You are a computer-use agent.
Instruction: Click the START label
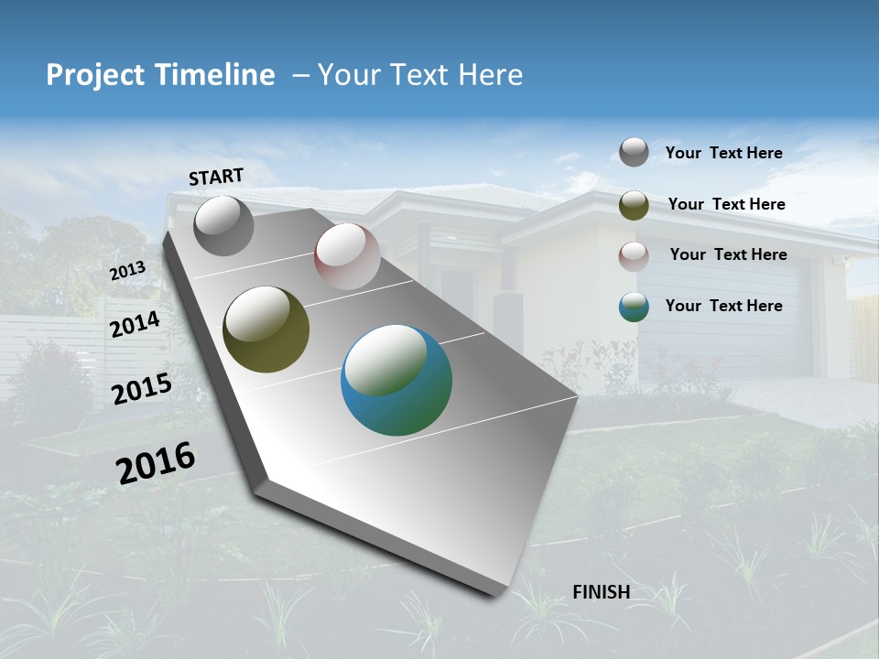pos(216,177)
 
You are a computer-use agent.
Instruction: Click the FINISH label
pos(602,592)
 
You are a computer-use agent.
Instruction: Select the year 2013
pos(127,271)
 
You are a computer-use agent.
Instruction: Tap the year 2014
pos(135,324)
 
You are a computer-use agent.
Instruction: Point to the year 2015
pos(142,389)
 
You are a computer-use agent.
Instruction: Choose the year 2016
pos(156,462)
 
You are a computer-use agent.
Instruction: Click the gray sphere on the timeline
pos(223,226)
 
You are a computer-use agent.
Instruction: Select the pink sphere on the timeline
pos(347,256)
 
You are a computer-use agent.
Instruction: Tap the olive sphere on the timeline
pos(266,329)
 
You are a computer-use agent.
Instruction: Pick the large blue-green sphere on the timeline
pos(396,380)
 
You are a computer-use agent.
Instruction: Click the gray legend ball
pos(634,152)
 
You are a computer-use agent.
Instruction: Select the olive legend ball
pos(634,205)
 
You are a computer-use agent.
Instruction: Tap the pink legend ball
pos(634,255)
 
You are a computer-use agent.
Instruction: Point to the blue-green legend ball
pos(634,307)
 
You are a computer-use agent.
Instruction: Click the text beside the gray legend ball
pos(723,153)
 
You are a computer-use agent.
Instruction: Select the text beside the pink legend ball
pos(728,254)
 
